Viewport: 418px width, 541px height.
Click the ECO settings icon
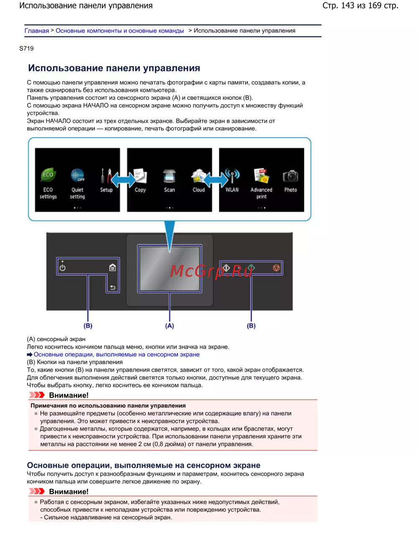[48, 176]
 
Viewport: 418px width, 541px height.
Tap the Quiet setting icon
[77, 176]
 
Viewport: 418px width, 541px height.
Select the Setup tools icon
[106, 176]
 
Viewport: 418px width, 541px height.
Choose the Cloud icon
[198, 176]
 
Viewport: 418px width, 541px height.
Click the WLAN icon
[232, 176]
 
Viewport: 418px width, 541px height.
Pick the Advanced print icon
[261, 176]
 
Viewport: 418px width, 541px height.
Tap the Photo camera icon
[291, 176]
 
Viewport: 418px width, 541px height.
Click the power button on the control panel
[63, 268]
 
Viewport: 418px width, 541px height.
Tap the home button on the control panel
[112, 268]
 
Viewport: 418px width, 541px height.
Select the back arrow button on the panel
[112, 287]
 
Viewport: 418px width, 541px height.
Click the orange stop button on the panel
[276, 268]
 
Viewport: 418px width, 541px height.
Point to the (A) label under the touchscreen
[169, 326]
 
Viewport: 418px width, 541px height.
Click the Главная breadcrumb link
[37, 31]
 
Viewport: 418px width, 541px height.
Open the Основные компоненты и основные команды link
[120, 31]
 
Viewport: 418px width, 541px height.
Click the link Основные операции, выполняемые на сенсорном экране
[117, 355]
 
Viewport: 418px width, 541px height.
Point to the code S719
[26, 48]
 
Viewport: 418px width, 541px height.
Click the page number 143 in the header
[347, 6]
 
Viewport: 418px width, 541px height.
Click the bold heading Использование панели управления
[114, 68]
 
